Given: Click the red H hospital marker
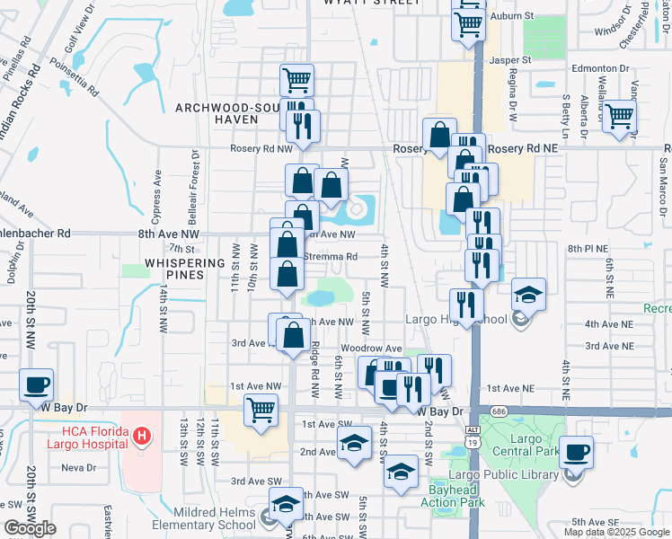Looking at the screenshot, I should [140, 437].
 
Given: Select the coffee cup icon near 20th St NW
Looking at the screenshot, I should [37, 384].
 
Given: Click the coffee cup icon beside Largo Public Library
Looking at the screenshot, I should [576, 451].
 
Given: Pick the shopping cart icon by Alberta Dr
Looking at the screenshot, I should [619, 116].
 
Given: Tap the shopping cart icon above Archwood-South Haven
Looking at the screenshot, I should [296, 81].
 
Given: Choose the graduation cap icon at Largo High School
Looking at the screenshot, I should [529, 294].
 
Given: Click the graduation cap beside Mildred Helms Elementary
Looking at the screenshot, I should [287, 507].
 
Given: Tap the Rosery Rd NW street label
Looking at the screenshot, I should [261, 149].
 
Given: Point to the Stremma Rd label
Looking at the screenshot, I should [332, 256].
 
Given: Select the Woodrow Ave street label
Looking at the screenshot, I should [371, 348].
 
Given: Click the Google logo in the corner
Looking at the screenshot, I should [30, 529].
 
